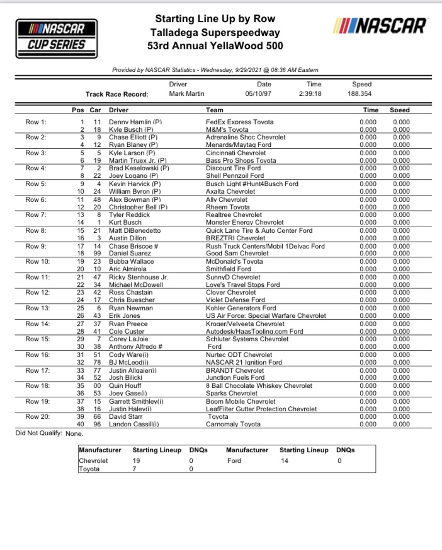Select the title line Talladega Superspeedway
click(x=215, y=32)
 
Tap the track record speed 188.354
click(x=362, y=94)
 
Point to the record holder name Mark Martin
click(x=187, y=94)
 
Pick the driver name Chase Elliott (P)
click(x=133, y=137)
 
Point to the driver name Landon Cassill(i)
click(x=134, y=424)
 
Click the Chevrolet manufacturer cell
click(x=93, y=460)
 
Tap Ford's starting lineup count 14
click(x=285, y=460)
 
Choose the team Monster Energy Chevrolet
click(x=245, y=223)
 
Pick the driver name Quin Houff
click(x=126, y=385)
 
